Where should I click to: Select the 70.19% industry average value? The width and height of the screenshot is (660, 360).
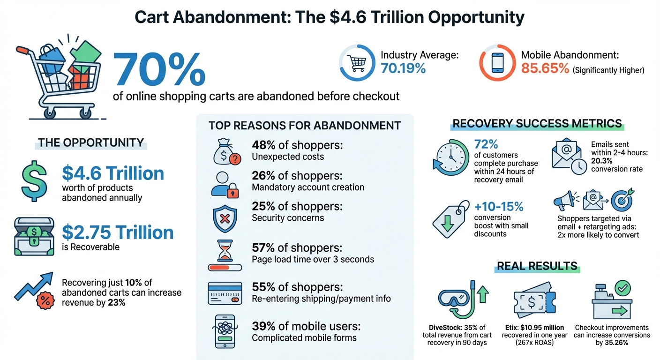coord(403,69)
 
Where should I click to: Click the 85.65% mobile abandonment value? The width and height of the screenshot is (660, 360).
coord(545,69)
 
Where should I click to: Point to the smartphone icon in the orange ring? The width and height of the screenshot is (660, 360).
coord(498,63)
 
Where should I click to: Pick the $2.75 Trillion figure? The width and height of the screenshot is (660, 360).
coord(118,232)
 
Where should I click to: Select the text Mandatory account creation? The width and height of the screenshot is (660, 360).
coord(308,187)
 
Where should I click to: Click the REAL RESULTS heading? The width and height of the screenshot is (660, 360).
coord(537,266)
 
